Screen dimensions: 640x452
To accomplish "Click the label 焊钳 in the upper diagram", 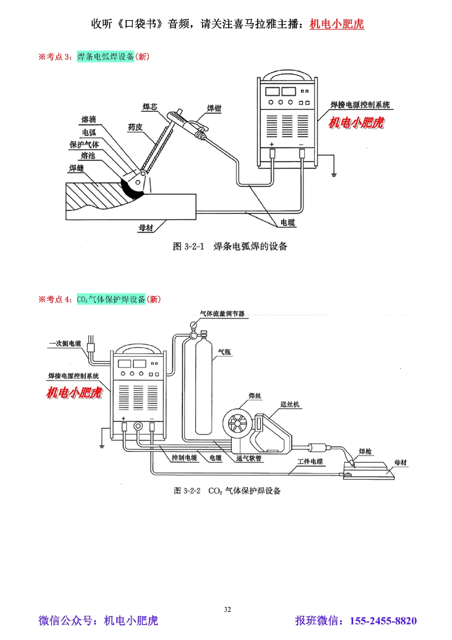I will tap(214, 108).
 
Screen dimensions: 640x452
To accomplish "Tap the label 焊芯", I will tap(150, 107).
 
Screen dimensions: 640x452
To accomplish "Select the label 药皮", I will tap(135, 127).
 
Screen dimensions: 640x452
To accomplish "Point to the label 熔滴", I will tap(89, 119).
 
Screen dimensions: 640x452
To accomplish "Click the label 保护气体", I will tap(84, 145).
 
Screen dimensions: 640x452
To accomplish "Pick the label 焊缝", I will tap(76, 168).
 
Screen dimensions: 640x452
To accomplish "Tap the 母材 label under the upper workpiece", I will tap(146, 228).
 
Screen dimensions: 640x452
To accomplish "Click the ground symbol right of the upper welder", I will tap(334, 173).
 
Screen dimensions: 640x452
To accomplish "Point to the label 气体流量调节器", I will tap(222, 313).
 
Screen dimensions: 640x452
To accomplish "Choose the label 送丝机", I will tap(289, 404).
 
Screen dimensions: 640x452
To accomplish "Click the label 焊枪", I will tap(365, 451).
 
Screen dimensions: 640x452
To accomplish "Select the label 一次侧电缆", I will tap(65, 343).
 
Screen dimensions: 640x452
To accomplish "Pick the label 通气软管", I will tap(249, 458).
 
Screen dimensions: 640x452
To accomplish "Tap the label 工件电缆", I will tap(310, 461).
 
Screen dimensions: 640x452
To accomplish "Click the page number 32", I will tap(227, 609).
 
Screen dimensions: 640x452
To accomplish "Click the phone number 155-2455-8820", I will tap(383, 621).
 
